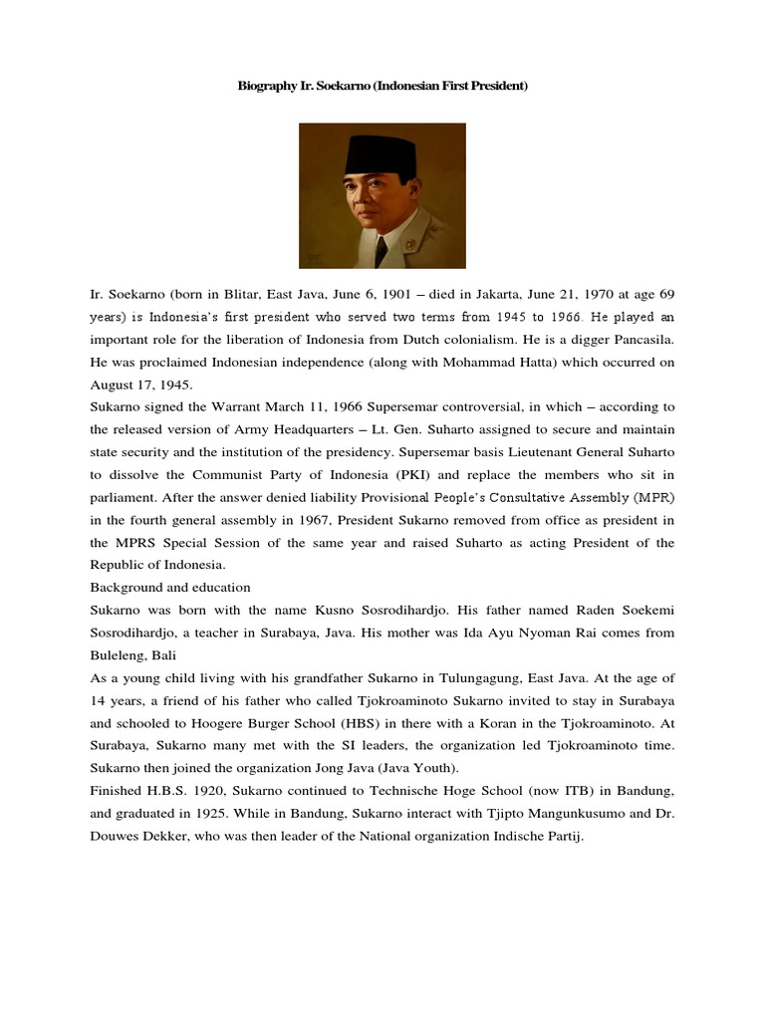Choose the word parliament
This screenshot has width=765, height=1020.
[x=121, y=498]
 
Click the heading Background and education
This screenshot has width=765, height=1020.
[x=169, y=588]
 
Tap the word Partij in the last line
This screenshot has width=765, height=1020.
[x=560, y=837]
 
